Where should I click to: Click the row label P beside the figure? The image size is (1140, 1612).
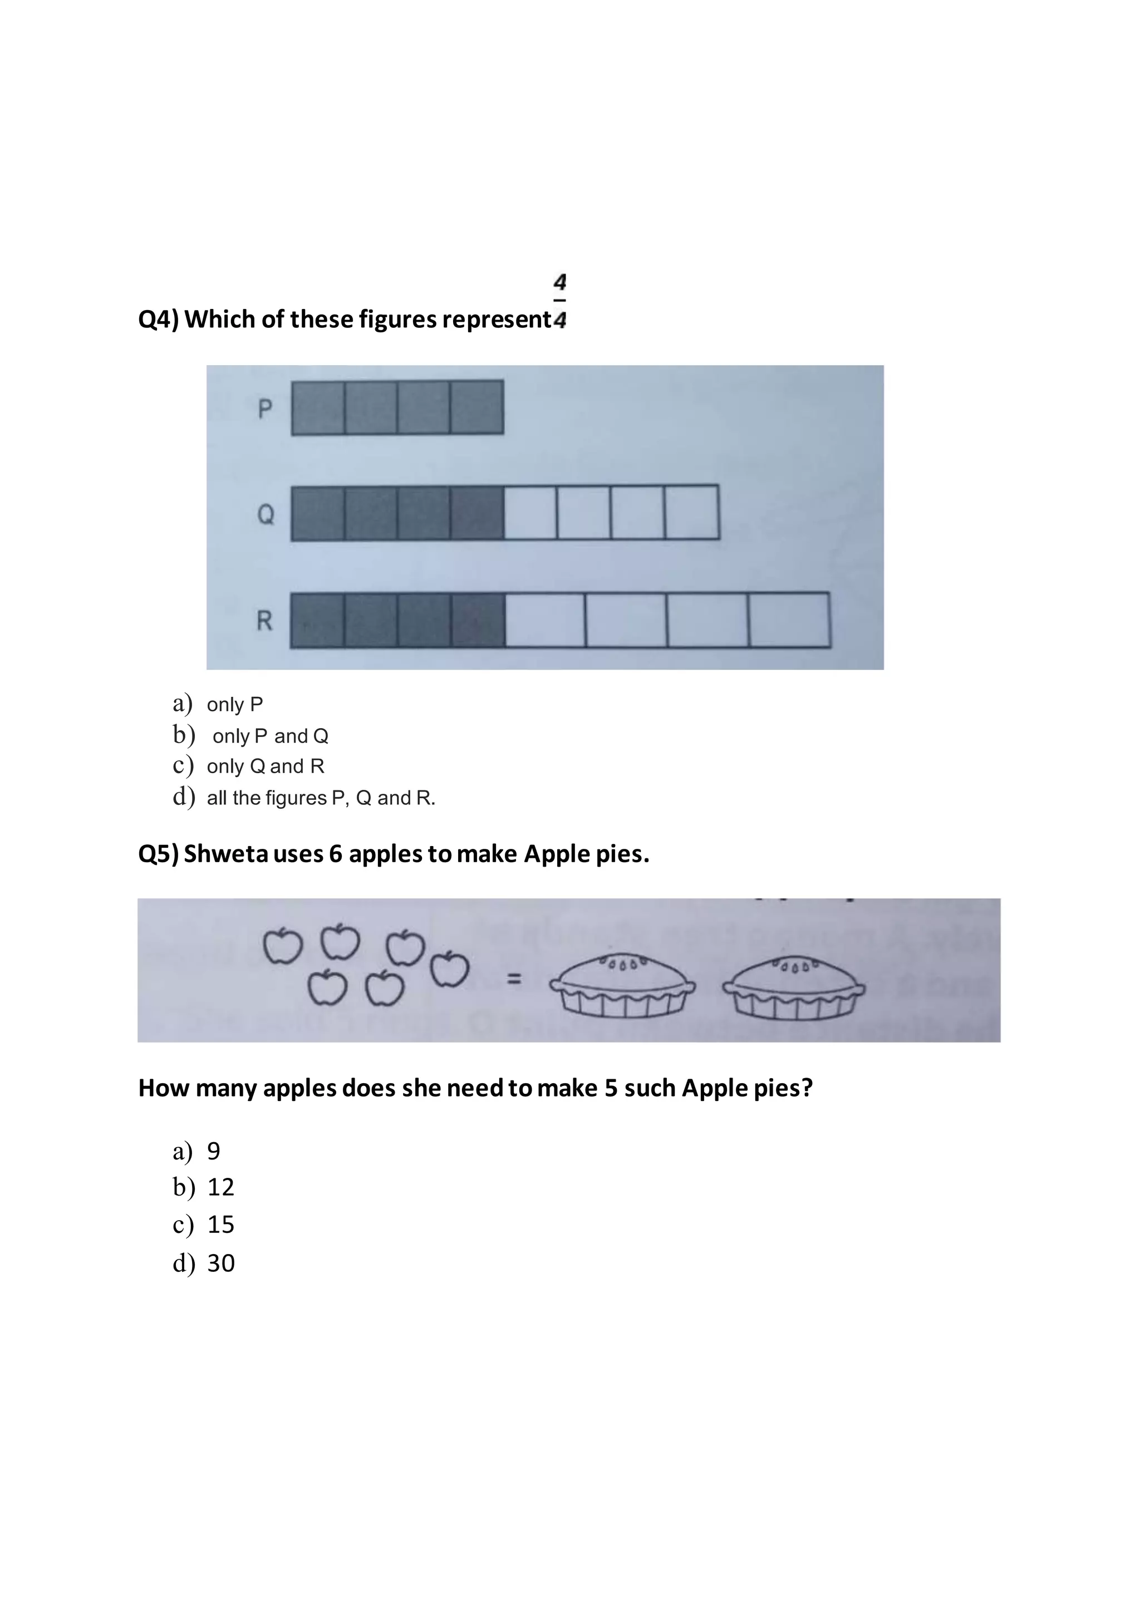point(264,408)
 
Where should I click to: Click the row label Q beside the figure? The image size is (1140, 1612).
point(266,515)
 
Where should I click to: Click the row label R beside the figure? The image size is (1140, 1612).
point(264,621)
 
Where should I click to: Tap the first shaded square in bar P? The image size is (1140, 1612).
point(318,407)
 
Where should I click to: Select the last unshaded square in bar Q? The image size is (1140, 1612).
point(691,512)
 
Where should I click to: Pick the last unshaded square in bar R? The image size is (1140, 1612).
point(789,620)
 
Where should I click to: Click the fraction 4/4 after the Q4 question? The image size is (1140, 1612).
point(559,301)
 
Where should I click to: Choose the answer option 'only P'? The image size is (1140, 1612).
point(234,704)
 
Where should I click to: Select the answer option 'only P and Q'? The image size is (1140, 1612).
point(271,736)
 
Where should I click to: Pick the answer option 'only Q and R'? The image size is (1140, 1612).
point(266,766)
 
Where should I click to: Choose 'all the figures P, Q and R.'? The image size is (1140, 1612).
point(321,798)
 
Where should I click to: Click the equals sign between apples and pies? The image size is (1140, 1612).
point(514,978)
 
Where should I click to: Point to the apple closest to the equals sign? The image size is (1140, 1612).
point(449,970)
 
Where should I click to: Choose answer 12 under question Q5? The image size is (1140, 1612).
point(220,1187)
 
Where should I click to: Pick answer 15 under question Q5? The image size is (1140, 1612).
point(220,1225)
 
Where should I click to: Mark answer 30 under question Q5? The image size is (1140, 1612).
point(220,1263)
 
